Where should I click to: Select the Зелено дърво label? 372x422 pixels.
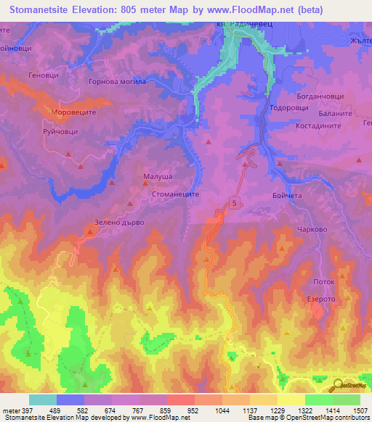(x=120, y=223)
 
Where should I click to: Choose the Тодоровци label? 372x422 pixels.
(x=289, y=107)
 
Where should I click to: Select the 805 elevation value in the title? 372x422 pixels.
(x=165, y=10)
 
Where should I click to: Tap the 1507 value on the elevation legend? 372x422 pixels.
(x=359, y=410)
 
